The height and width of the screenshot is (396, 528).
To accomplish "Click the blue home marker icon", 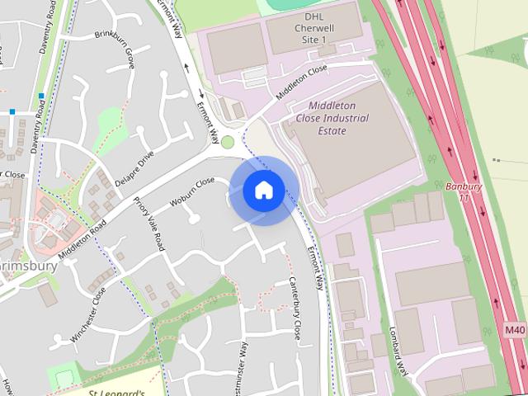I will pos(264,191).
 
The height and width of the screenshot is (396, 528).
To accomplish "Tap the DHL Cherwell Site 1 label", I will pos(314,27).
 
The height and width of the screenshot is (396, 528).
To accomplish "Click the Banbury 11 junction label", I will pos(463,192).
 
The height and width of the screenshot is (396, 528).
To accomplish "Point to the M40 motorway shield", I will pos(515,330).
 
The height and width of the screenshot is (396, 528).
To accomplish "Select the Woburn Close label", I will pos(192,192).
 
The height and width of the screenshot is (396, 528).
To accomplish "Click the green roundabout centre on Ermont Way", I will pos(228,142).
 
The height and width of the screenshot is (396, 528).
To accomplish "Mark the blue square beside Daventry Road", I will pos(40,97).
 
